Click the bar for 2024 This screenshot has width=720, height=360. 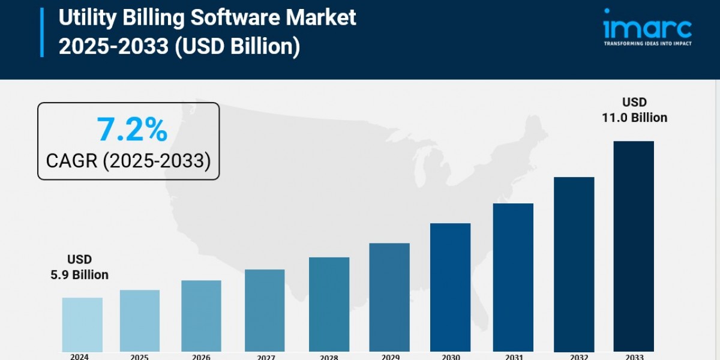[x=82, y=325]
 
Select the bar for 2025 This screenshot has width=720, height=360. [x=140, y=321]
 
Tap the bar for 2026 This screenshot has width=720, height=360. [x=201, y=316]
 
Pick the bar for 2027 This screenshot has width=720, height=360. [x=265, y=311]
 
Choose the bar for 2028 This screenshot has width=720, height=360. [x=329, y=304]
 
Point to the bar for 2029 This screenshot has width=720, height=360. [x=389, y=298]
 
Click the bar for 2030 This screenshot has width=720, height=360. [x=450, y=287]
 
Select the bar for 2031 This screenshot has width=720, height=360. [x=513, y=277]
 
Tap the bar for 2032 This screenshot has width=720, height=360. [x=574, y=264]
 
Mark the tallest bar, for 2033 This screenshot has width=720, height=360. [x=634, y=246]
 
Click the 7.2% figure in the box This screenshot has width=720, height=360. [x=131, y=130]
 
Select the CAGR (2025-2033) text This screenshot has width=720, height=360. [x=128, y=161]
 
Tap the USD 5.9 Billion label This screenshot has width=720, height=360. [x=79, y=268]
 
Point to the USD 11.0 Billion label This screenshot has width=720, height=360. [x=634, y=110]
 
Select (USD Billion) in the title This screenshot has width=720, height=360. [x=237, y=46]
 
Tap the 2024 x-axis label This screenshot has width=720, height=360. [x=79, y=356]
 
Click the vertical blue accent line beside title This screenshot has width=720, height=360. [x=42, y=32]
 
